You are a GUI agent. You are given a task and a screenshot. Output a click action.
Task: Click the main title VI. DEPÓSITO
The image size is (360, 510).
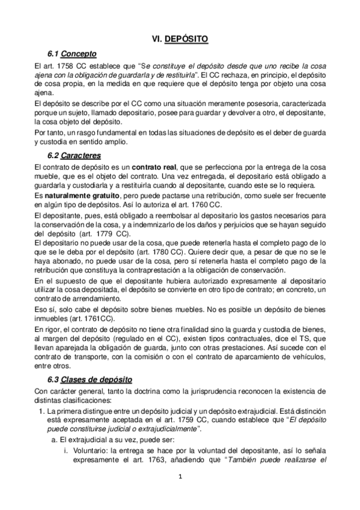180,39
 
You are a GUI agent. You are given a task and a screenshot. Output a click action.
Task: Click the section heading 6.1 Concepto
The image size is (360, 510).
71,54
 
